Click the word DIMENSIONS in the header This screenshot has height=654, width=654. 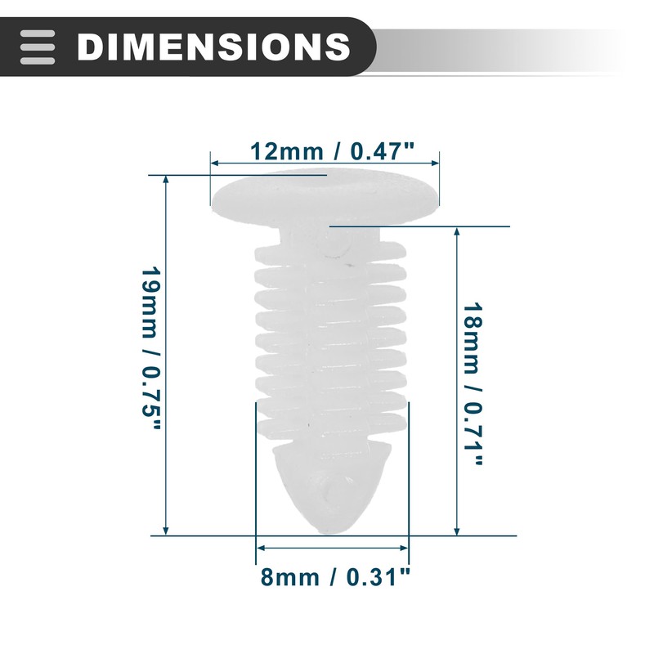tap(213, 47)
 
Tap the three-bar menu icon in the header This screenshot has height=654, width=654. tap(38, 47)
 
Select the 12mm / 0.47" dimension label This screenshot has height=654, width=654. tap(332, 151)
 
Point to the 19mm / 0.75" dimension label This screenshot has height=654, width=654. tap(151, 350)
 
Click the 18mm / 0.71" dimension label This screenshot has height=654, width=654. tap(473, 383)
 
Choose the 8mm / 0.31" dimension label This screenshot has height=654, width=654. tap(335, 578)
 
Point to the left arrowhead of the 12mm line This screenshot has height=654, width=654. tap(214, 163)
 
